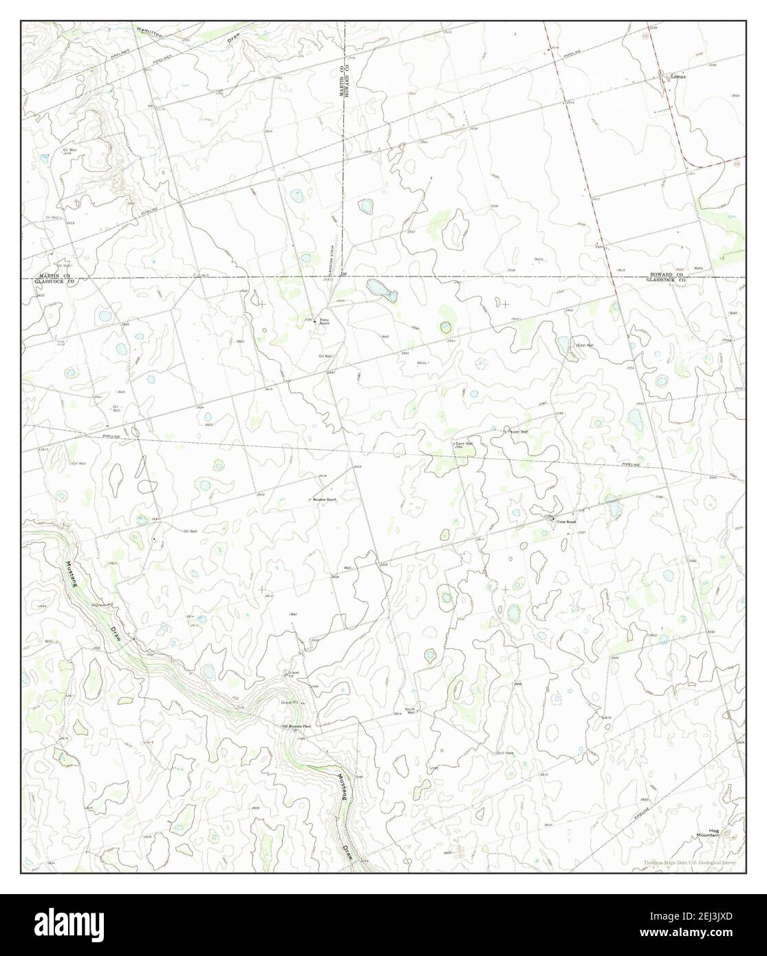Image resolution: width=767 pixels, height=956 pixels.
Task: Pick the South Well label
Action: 411,710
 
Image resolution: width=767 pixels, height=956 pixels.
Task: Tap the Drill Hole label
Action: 506,753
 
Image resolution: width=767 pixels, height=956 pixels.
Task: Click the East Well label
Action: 585,345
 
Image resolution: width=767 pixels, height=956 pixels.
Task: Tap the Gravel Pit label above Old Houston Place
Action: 292,673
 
